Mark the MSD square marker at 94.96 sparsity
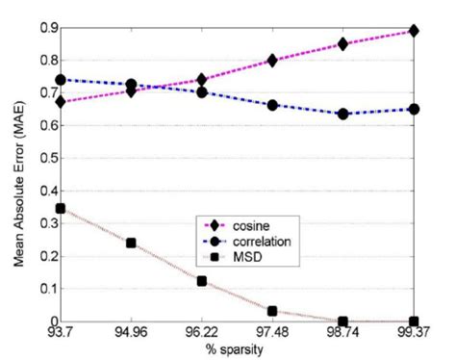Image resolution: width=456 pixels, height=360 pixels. coord(132,243)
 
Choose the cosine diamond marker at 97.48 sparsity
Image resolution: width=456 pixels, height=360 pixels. coord(273,60)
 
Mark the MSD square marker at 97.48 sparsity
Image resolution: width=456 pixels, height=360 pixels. coord(273,311)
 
